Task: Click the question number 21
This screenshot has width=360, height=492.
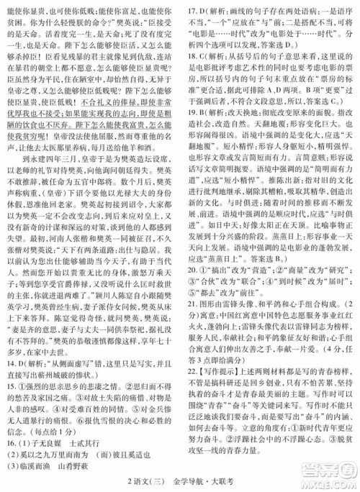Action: click(x=194, y=342)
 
